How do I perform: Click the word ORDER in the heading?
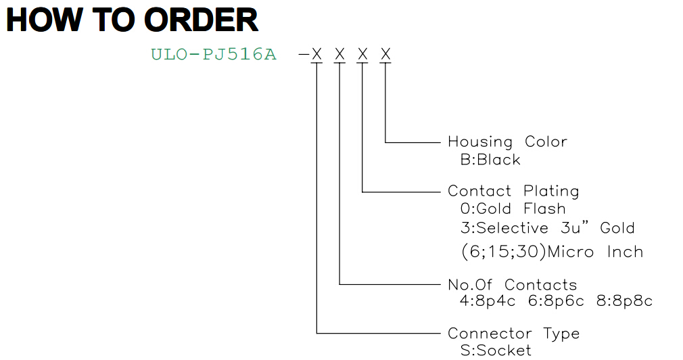pyautogui.click(x=201, y=20)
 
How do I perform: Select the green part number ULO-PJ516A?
pyautogui.click(x=214, y=55)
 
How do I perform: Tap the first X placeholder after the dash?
pyautogui.click(x=316, y=54)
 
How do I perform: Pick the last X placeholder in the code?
pyautogui.click(x=385, y=54)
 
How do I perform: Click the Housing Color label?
pyautogui.click(x=507, y=141)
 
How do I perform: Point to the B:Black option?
pyautogui.click(x=490, y=160)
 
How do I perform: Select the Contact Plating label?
pyautogui.click(x=513, y=191)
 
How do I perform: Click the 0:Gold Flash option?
pyautogui.click(x=513, y=209)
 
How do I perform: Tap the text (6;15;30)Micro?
pyautogui.click(x=527, y=252)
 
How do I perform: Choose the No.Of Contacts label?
pyautogui.click(x=513, y=285)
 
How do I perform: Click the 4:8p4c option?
pyautogui.click(x=488, y=301)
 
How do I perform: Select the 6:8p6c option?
pyautogui.click(x=556, y=301)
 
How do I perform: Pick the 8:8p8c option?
pyautogui.click(x=624, y=301)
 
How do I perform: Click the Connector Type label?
pyautogui.click(x=514, y=334)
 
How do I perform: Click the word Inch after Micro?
pyautogui.click(x=625, y=252)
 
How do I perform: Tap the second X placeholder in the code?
pyautogui.click(x=339, y=54)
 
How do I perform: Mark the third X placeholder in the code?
pyautogui.click(x=362, y=54)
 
